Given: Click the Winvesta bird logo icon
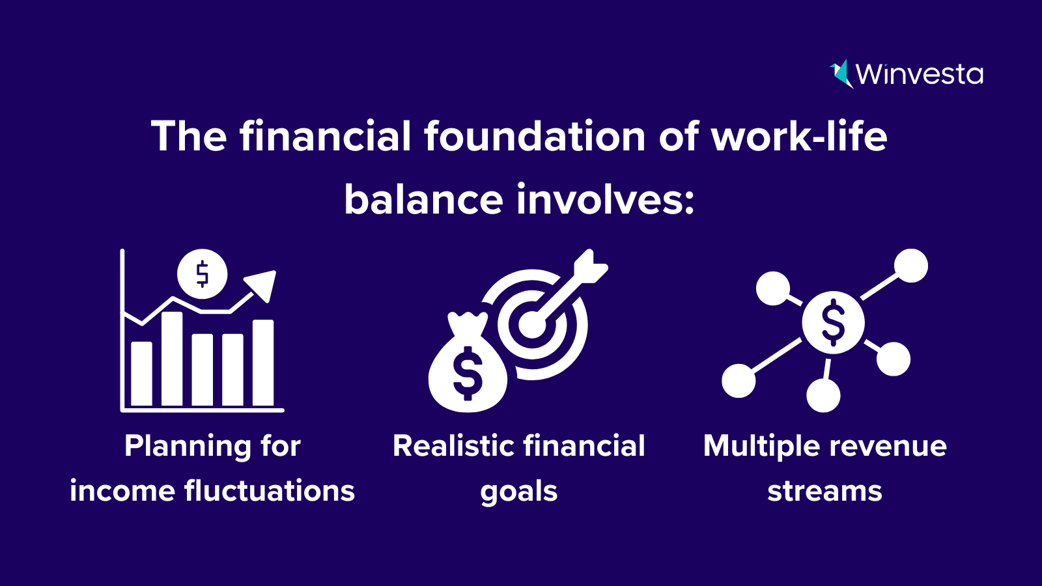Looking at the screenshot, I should pyautogui.click(x=842, y=74).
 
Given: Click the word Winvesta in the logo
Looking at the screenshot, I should pyautogui.click(x=920, y=74).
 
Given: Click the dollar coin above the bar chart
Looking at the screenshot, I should pyautogui.click(x=203, y=274).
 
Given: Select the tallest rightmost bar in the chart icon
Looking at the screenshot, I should pyautogui.click(x=263, y=362).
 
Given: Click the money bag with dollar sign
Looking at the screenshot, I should pyautogui.click(x=467, y=367).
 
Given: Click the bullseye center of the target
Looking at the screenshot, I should pyautogui.click(x=533, y=324).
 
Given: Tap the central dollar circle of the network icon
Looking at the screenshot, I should pyautogui.click(x=833, y=322).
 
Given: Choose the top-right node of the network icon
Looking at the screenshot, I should pyautogui.click(x=910, y=266).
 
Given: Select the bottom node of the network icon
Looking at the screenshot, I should pyautogui.click(x=823, y=395).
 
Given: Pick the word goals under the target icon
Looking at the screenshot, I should pyautogui.click(x=519, y=492).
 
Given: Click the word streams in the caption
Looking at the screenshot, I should pyautogui.click(x=824, y=490).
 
